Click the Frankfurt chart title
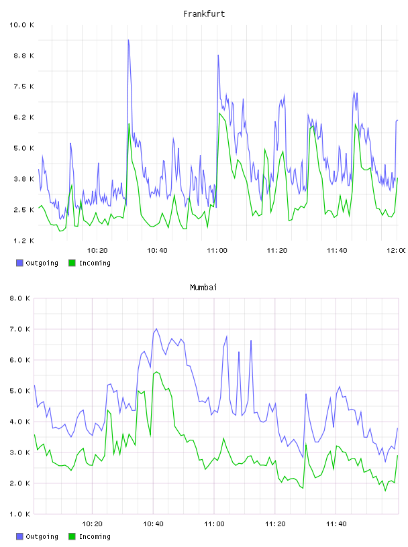[204, 14]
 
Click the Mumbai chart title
[203, 288]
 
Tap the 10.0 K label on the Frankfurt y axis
[21, 25]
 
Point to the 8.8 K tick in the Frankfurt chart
[23, 56]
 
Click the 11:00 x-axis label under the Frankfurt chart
[217, 250]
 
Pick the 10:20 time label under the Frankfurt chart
[97, 250]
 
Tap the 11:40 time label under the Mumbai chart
[336, 524]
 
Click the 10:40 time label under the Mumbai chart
[154, 524]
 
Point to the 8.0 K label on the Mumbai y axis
[19, 298]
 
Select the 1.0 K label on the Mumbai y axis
[19, 514]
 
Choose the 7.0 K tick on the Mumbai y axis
[19, 329]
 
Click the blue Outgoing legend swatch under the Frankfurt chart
[19, 263]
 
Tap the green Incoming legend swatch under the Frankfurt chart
[72, 263]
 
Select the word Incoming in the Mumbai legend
[95, 536]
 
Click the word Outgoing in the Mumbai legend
[42, 536]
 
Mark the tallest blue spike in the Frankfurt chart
[128, 40]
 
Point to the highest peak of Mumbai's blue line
[156, 328]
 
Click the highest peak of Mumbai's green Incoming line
[156, 372]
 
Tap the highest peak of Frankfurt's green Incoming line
[219, 113]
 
